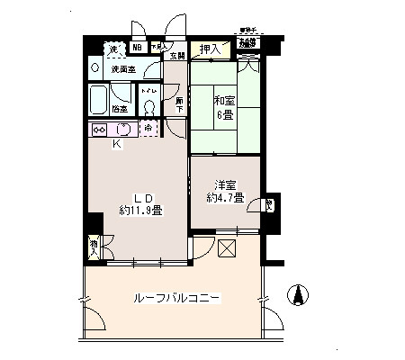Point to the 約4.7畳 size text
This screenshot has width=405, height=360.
point(224,198)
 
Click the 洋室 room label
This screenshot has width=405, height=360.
point(224,183)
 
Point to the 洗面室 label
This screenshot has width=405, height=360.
point(122,69)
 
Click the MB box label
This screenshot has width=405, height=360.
point(137,49)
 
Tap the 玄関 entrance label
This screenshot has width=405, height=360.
point(176,56)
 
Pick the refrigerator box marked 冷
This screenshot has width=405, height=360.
point(148,129)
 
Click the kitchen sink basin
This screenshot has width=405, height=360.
point(123,129)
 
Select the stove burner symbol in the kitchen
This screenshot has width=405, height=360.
point(99,129)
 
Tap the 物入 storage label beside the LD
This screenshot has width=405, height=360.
point(93,244)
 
